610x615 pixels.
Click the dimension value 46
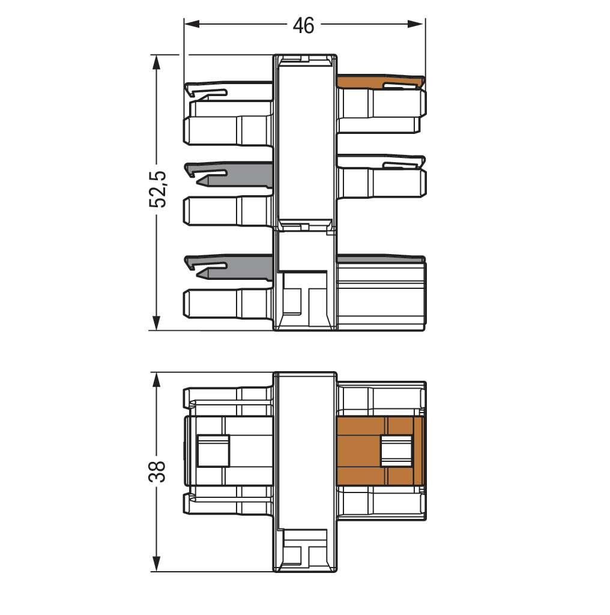[303, 25]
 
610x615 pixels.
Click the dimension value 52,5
[158, 189]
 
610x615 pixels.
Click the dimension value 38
[157, 471]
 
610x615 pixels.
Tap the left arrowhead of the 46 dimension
[192, 24]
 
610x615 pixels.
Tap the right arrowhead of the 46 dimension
[415, 24]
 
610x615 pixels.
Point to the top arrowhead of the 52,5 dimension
[157, 62]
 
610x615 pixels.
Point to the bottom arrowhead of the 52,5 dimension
[157, 323]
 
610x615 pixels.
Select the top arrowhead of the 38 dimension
[157, 380]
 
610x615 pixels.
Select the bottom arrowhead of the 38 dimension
[157, 564]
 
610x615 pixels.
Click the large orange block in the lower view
[358, 450]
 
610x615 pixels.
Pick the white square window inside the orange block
[396, 451]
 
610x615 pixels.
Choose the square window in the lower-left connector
[213, 450]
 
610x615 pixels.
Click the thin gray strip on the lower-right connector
[380, 259]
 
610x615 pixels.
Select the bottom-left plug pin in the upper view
[228, 303]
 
